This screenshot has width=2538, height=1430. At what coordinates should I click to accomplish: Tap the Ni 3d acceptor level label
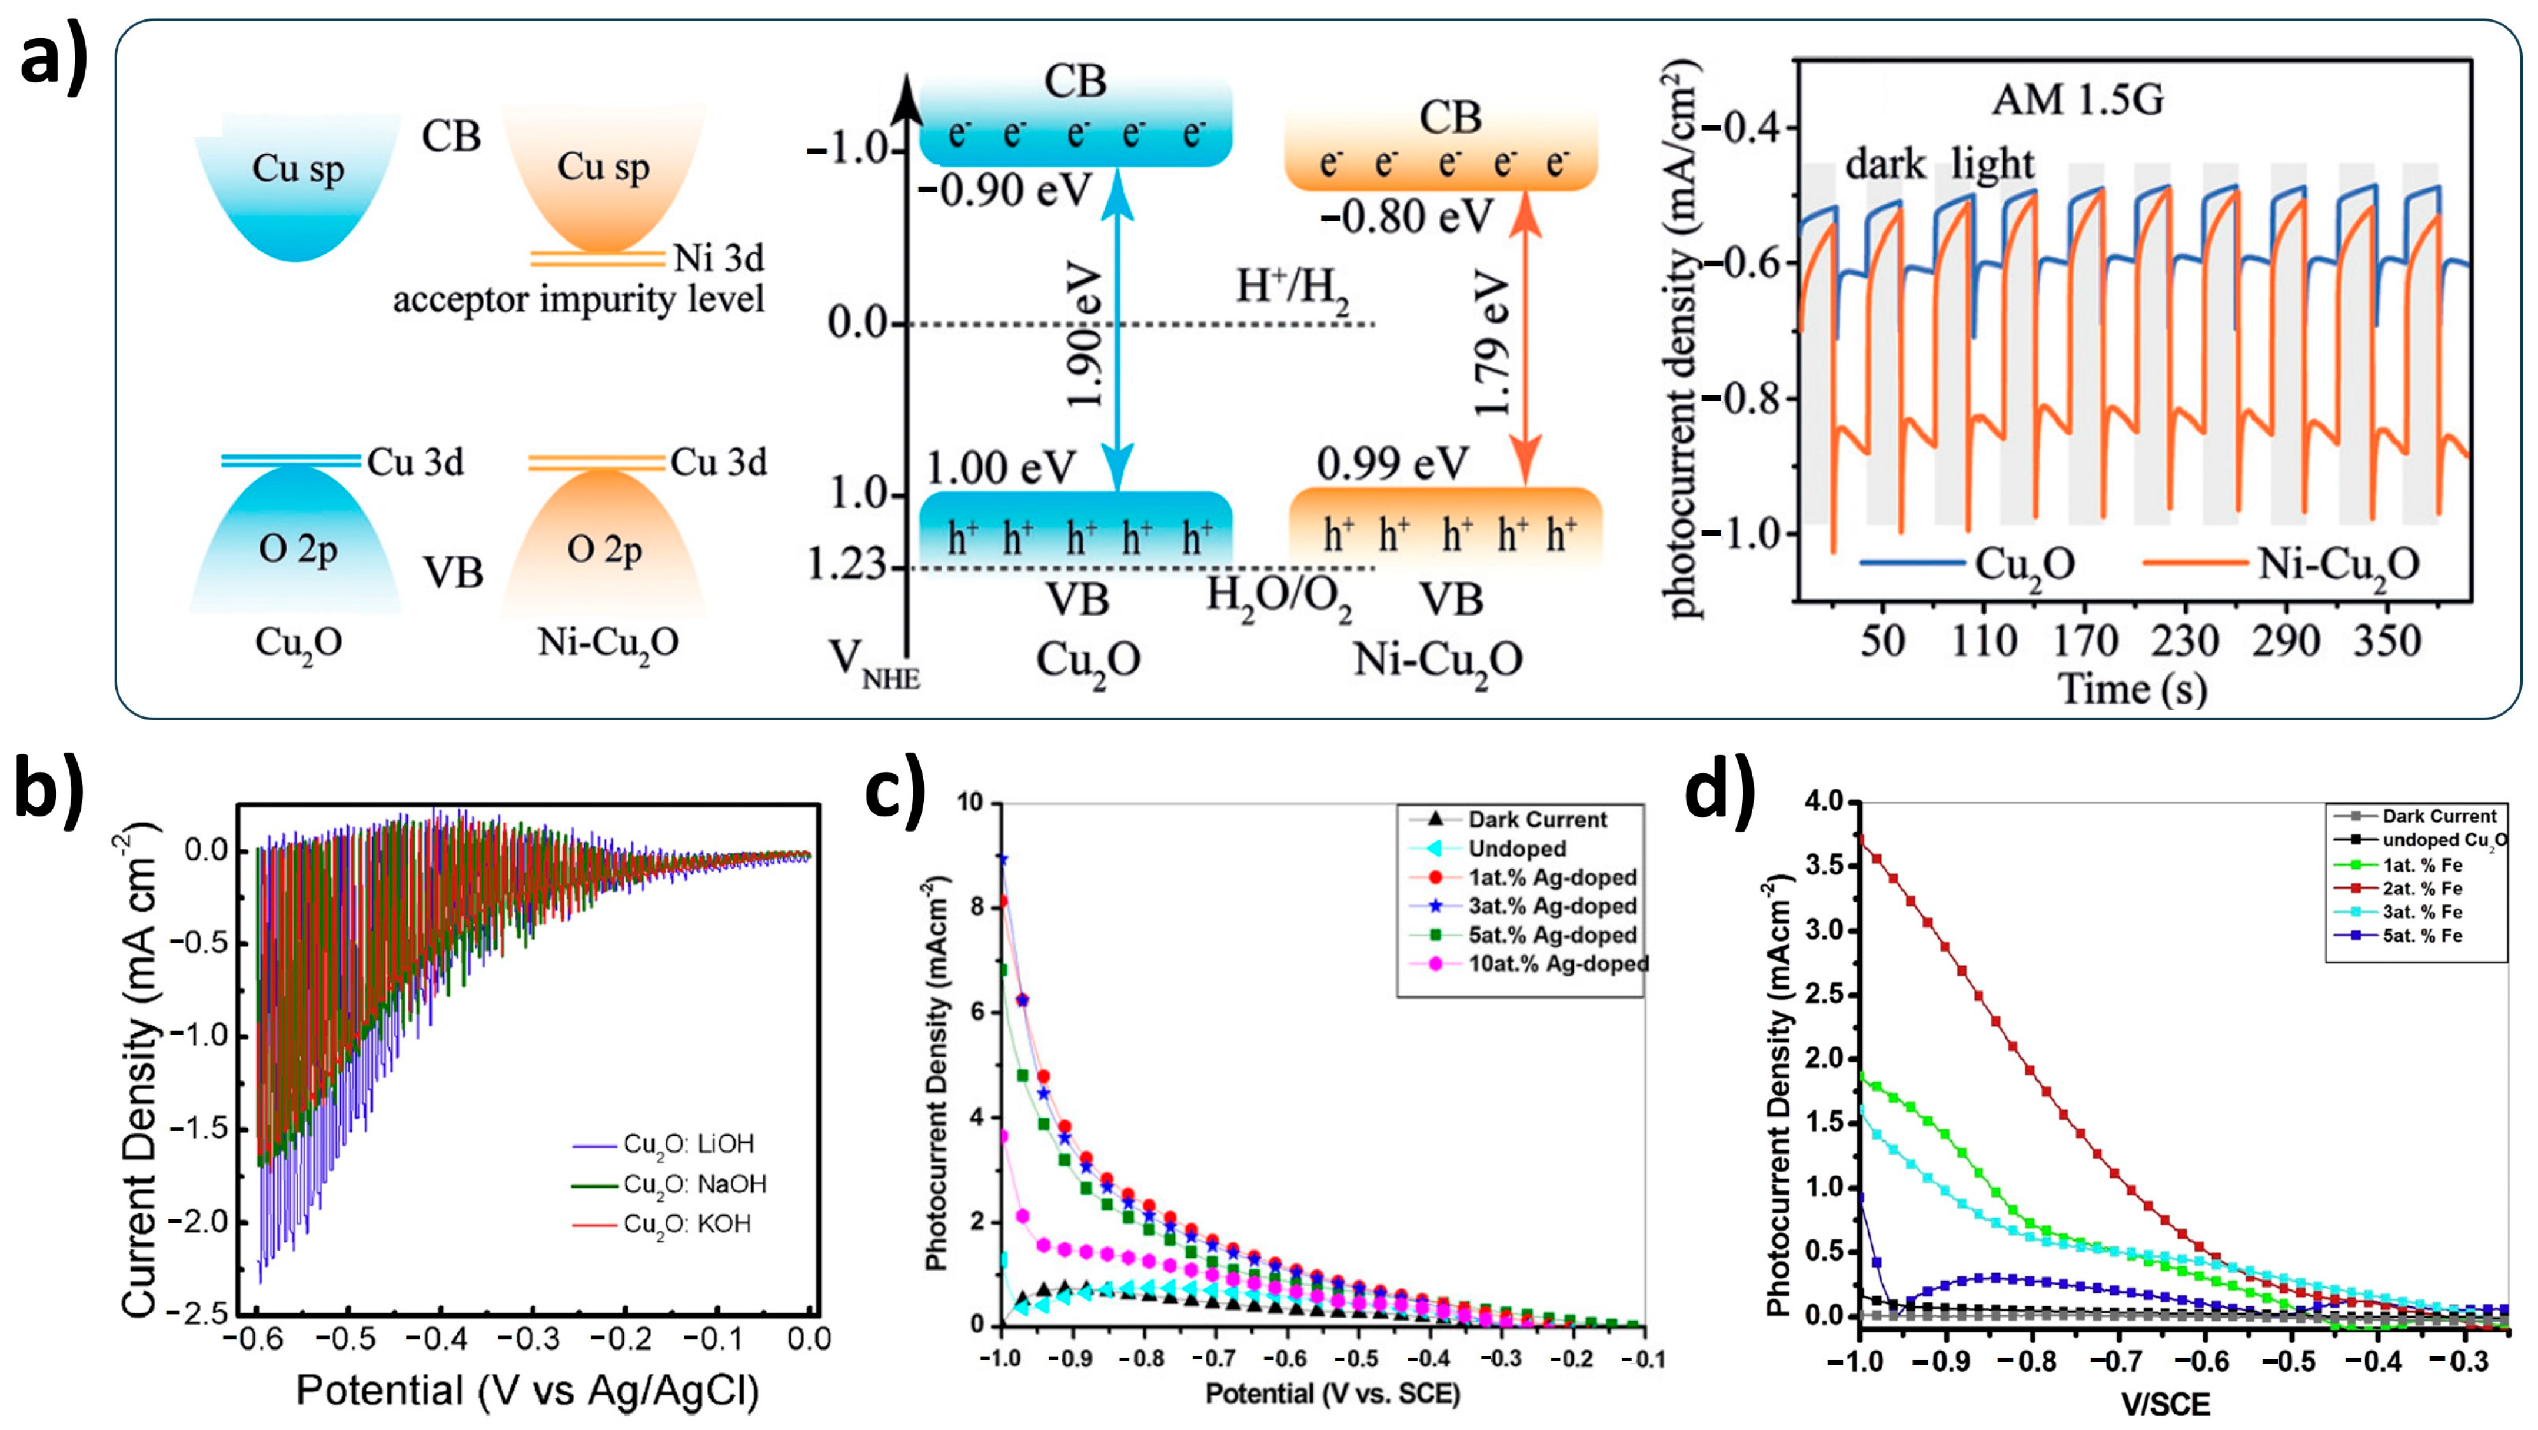719,258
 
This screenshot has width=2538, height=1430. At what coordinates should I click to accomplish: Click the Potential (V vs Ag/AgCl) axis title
527,1391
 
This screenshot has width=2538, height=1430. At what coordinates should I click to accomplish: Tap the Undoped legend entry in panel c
1516,849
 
